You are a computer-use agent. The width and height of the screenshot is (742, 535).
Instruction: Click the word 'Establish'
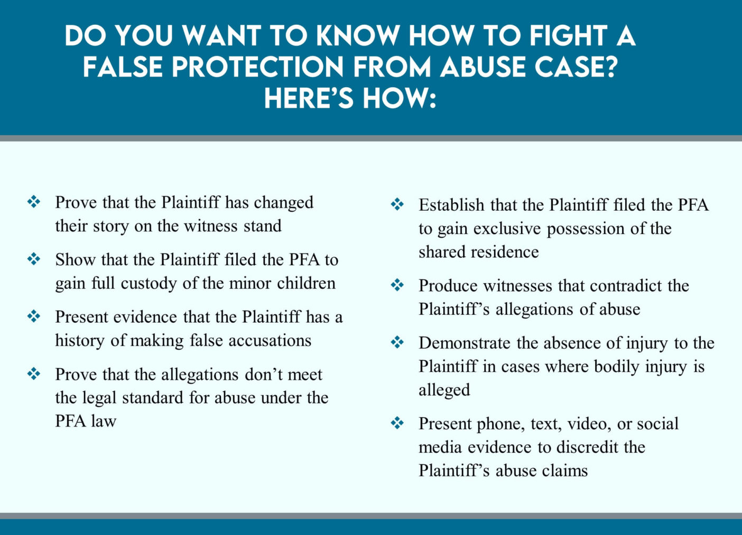(451, 205)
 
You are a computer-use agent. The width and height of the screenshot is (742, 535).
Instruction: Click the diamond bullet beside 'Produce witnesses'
(397, 285)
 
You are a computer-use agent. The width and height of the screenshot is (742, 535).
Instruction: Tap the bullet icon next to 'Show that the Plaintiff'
(34, 259)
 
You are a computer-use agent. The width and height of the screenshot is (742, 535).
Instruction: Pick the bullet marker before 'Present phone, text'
(397, 423)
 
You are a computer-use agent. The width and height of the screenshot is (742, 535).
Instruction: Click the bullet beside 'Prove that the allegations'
(34, 374)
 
